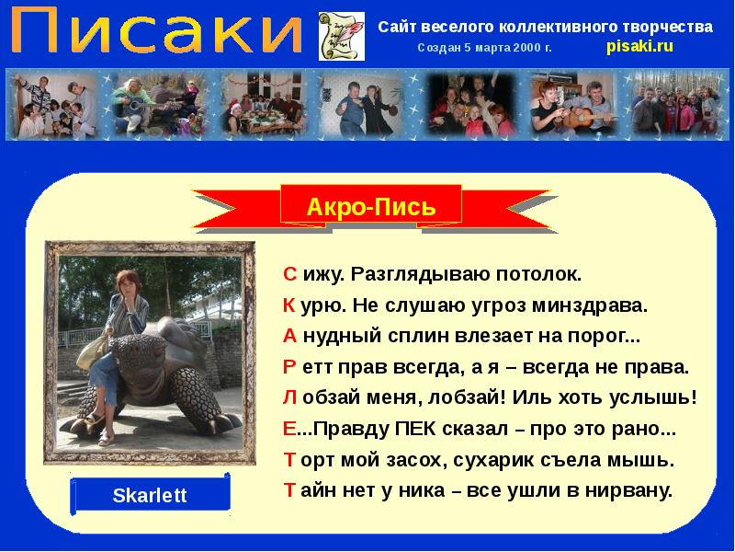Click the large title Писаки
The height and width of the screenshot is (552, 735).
[x=156, y=33]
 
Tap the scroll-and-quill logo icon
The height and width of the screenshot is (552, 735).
[x=334, y=36]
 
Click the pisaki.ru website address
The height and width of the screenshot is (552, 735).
[x=640, y=46]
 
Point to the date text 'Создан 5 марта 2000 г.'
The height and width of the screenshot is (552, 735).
[x=484, y=47]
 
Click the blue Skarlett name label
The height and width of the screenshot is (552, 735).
[x=149, y=496]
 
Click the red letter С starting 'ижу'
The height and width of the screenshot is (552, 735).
[x=288, y=274]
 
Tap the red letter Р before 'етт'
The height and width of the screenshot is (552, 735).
[x=288, y=367]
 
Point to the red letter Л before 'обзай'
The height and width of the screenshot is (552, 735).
[x=288, y=398]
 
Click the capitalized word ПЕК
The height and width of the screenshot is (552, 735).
[x=416, y=429]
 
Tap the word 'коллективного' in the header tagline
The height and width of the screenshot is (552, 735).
[x=545, y=26]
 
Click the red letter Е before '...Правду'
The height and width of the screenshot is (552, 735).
[x=288, y=429]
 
